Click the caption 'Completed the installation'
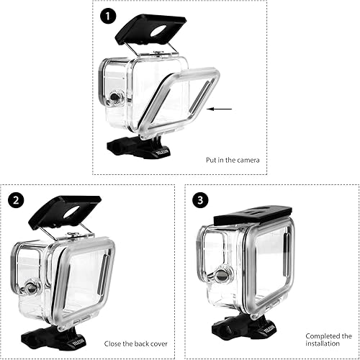(327, 340)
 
